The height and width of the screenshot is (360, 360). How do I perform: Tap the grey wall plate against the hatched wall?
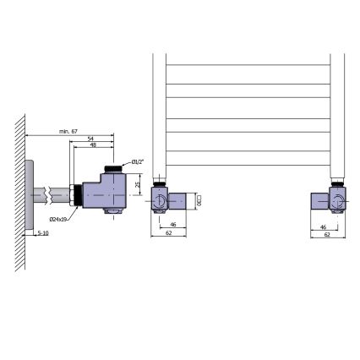[30, 194]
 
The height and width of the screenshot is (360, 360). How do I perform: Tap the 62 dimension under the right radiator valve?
[325, 235]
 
